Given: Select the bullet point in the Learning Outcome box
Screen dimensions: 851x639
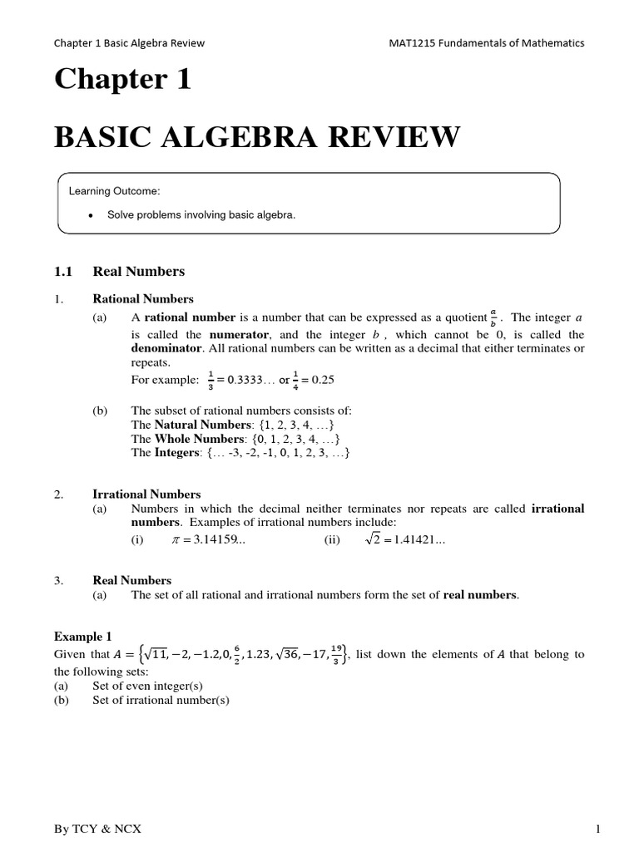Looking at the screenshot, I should click(x=89, y=214).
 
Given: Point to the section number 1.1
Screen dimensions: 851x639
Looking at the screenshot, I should click(x=64, y=271).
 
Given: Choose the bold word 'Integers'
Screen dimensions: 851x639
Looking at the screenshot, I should click(x=177, y=453).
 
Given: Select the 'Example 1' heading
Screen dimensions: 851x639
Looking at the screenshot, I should click(x=82, y=637).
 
